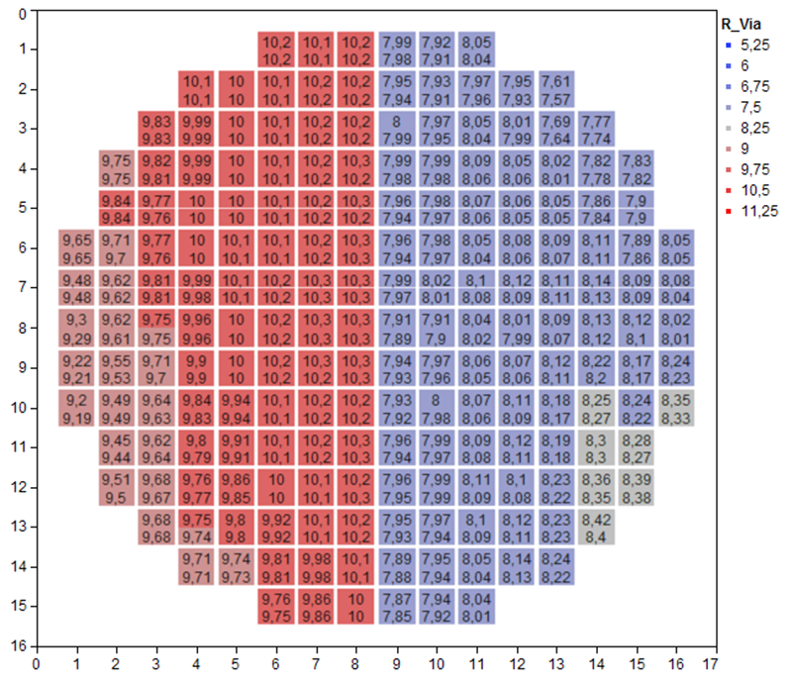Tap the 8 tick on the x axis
point(354,663)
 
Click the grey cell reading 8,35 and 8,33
point(676,407)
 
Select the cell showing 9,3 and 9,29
point(76,328)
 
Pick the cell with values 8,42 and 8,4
point(596,527)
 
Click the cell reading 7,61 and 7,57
point(556,89)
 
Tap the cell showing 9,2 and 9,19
point(76,407)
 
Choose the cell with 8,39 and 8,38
point(637,487)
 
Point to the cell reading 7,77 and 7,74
point(596,129)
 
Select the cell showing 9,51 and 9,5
point(116,487)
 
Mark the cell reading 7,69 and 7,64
point(556,129)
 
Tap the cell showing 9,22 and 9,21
point(76,367)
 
